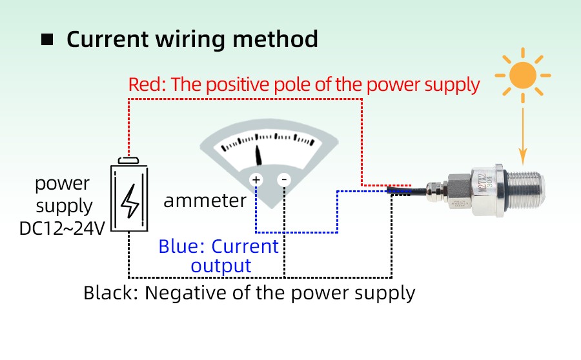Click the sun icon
(x=522, y=75)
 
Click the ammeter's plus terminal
(x=256, y=179)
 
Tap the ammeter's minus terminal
(x=285, y=179)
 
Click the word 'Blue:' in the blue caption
(x=182, y=246)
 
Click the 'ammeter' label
(x=205, y=201)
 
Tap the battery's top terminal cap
(x=130, y=161)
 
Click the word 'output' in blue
(x=221, y=265)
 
